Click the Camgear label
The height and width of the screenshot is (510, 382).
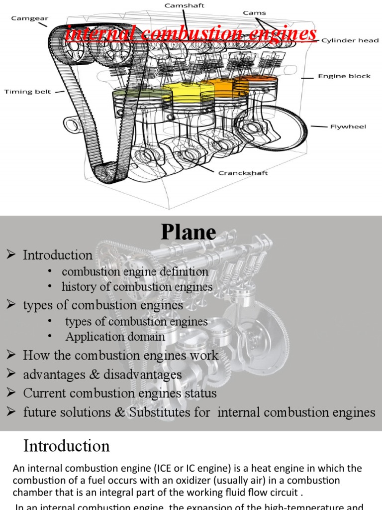click(x=28, y=18)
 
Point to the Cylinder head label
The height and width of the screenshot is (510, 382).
click(x=350, y=40)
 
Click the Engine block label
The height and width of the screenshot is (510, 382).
click(x=344, y=76)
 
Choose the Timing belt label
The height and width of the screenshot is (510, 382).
click(x=27, y=92)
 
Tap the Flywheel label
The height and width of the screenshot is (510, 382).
click(x=348, y=127)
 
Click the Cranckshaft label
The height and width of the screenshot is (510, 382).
click(x=243, y=173)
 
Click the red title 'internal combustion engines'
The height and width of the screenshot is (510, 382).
click(x=191, y=34)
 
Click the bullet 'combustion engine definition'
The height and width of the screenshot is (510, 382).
click(x=135, y=272)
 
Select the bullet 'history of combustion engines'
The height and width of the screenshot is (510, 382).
click(x=137, y=287)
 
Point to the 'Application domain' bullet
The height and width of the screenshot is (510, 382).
click(x=115, y=337)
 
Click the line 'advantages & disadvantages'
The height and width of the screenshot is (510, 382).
click(x=102, y=375)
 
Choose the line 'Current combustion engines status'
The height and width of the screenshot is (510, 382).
click(x=120, y=393)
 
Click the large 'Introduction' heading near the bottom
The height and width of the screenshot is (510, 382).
click(x=67, y=446)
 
